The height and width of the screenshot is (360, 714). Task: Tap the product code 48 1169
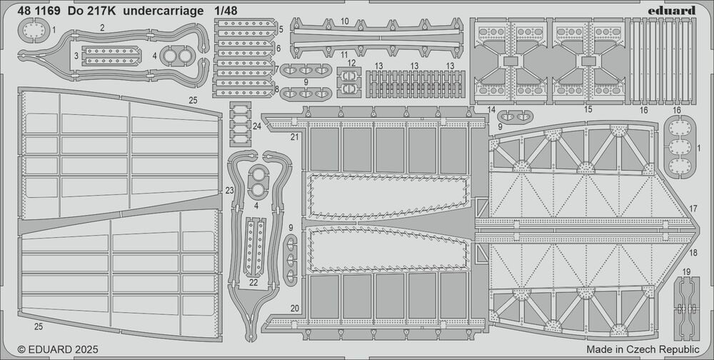click(x=39, y=11)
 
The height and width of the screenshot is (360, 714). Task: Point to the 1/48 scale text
click(x=226, y=11)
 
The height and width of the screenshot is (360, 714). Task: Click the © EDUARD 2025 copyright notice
click(x=57, y=349)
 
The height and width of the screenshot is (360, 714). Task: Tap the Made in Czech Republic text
click(x=643, y=349)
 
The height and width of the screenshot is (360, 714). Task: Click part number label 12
click(x=351, y=62)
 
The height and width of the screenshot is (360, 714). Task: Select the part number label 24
click(x=257, y=126)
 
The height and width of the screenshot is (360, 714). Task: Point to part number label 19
click(x=686, y=272)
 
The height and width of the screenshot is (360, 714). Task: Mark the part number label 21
click(x=295, y=136)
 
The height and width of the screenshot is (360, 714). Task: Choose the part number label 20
click(x=295, y=308)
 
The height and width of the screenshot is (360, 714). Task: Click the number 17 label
click(x=693, y=209)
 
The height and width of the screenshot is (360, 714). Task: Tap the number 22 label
click(x=253, y=283)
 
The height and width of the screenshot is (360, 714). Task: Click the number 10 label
click(x=345, y=21)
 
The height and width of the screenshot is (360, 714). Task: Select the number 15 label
click(x=588, y=109)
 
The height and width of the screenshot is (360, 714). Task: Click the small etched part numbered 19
click(x=686, y=309)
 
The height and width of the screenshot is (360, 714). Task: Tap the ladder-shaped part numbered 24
click(x=241, y=124)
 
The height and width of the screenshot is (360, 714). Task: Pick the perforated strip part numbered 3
click(x=111, y=56)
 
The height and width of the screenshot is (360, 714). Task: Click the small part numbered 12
click(x=349, y=82)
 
